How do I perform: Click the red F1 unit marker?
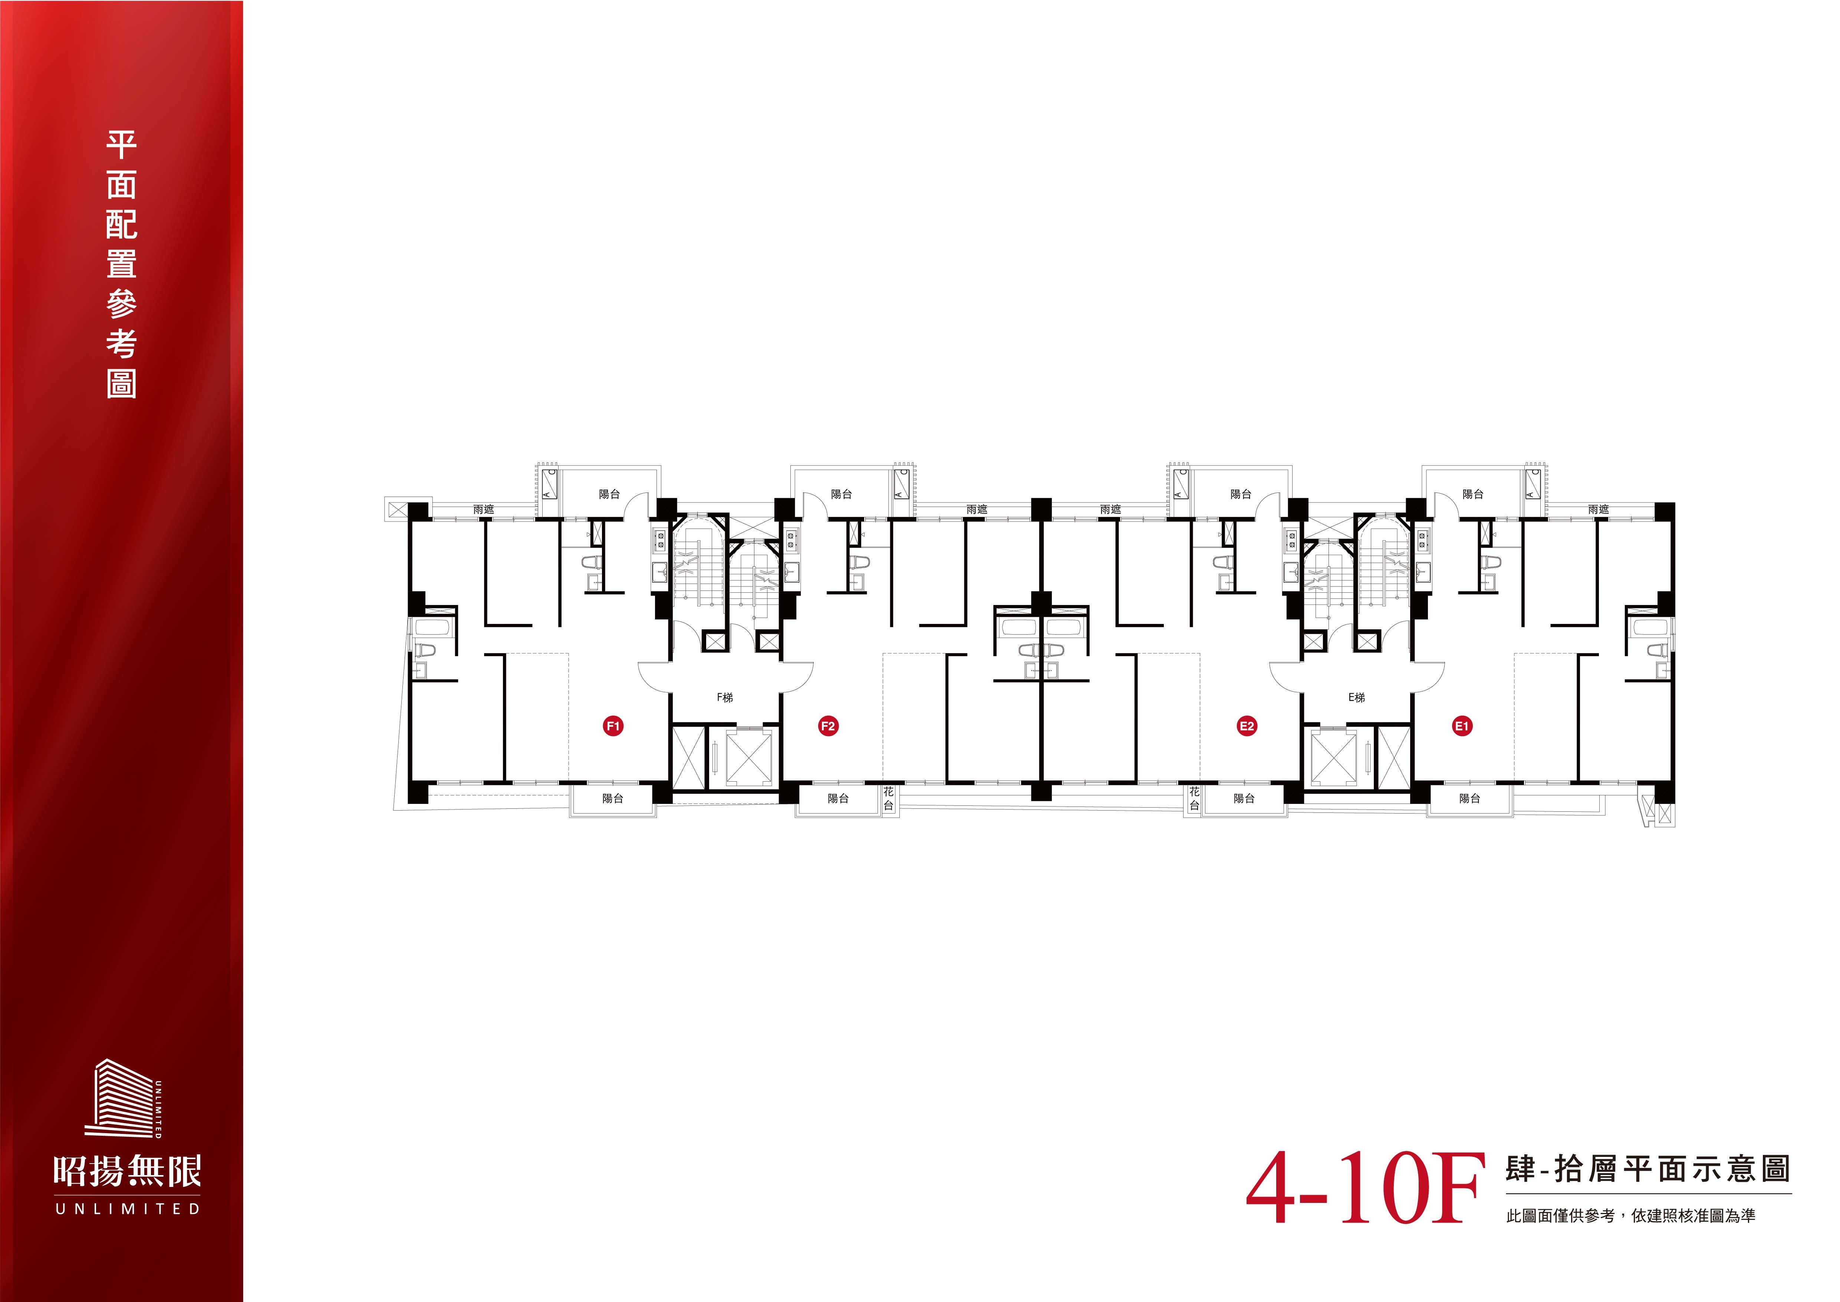613,726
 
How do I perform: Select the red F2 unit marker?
828,726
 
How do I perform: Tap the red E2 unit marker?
1247,726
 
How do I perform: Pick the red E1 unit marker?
1462,726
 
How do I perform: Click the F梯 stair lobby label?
724,697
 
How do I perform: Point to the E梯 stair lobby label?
1356,697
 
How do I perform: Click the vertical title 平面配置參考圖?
122,265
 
